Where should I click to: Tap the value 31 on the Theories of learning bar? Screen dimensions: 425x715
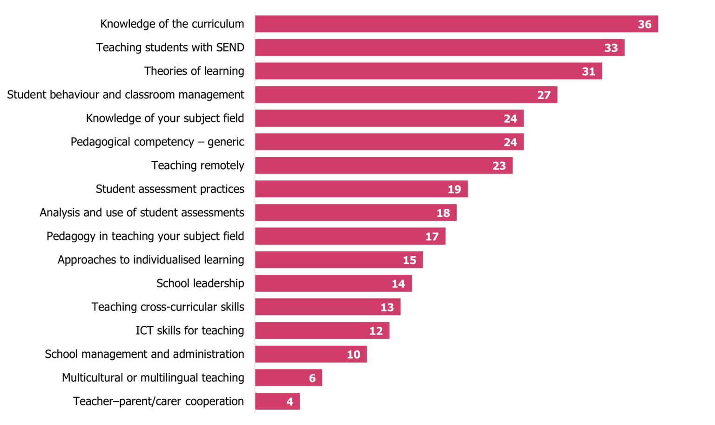point(588,71)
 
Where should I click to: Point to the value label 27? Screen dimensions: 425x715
point(544,95)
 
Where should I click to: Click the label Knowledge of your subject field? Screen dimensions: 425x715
point(165,118)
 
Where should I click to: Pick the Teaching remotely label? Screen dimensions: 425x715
point(197,165)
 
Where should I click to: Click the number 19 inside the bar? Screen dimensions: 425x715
point(454,189)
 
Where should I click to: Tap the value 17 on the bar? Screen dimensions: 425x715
point(432,237)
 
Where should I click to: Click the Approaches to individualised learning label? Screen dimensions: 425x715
point(151,260)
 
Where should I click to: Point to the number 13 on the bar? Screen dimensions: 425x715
point(387,307)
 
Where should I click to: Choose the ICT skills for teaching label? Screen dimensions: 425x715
point(190,330)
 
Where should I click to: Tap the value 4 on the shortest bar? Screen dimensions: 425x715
point(290,402)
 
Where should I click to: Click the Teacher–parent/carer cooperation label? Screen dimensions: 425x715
point(158,401)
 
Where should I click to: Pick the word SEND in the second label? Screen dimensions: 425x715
point(230,48)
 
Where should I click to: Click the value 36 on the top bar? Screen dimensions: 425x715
point(644,24)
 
